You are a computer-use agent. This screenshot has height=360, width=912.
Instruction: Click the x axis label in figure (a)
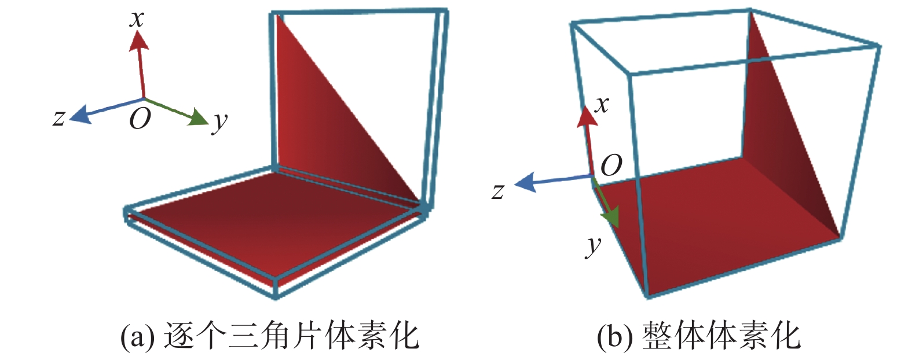(x=137, y=19)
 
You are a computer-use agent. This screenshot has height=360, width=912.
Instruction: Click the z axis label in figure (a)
(x=58, y=117)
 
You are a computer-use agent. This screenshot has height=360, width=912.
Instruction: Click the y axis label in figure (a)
(x=219, y=122)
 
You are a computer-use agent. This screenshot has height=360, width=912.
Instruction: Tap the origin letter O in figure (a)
(x=140, y=119)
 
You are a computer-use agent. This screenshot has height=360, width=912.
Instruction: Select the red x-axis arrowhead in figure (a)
(x=138, y=40)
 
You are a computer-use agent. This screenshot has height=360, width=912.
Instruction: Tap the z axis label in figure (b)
(x=498, y=191)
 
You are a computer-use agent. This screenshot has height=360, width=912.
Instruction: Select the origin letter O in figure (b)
(x=611, y=166)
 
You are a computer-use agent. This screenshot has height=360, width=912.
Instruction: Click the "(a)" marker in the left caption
(x=137, y=336)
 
